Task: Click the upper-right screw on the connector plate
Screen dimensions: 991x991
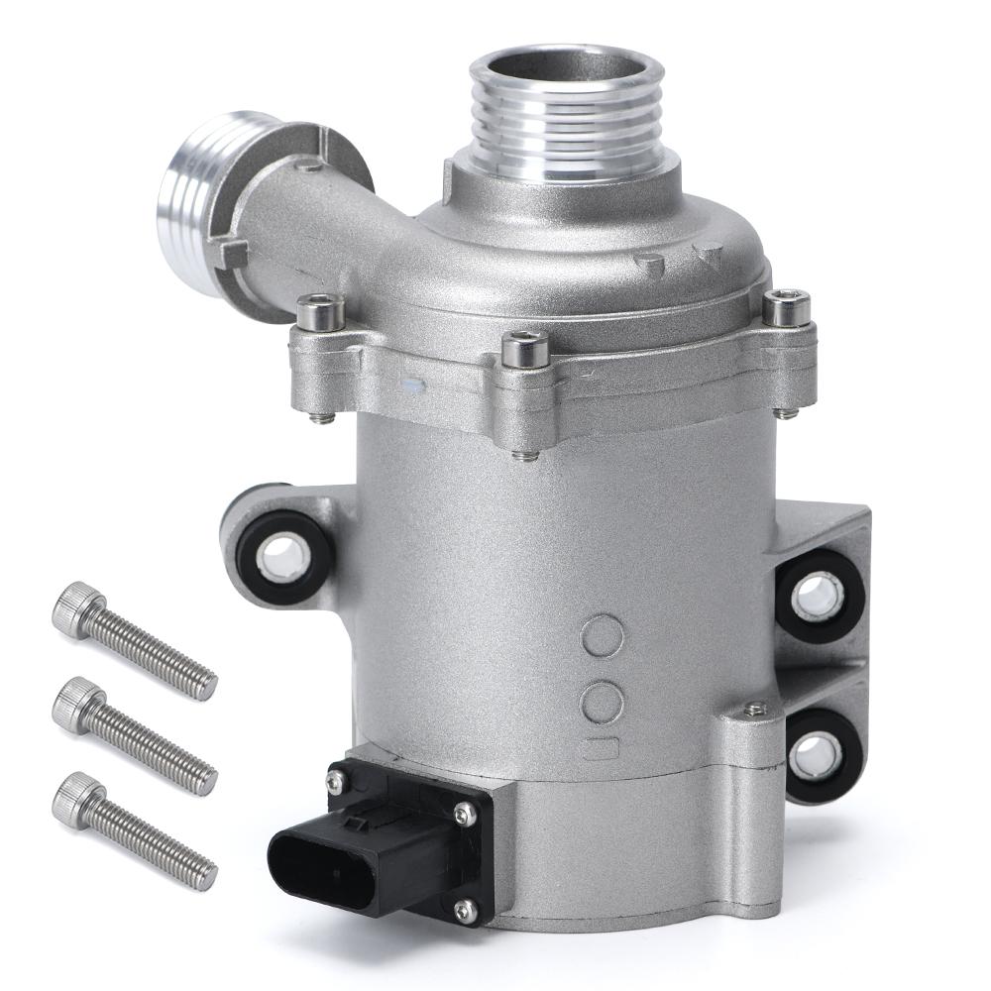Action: (x=462, y=814)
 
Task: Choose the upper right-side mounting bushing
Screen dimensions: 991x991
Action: (x=818, y=595)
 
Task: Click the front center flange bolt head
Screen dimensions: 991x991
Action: (x=524, y=349)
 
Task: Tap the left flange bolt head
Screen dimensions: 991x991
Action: (x=320, y=313)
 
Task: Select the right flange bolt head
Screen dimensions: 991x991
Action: (x=787, y=308)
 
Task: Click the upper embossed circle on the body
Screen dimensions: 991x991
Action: (x=603, y=637)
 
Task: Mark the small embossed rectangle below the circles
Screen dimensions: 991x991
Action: (x=601, y=749)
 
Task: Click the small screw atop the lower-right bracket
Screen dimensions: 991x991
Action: (x=755, y=709)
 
